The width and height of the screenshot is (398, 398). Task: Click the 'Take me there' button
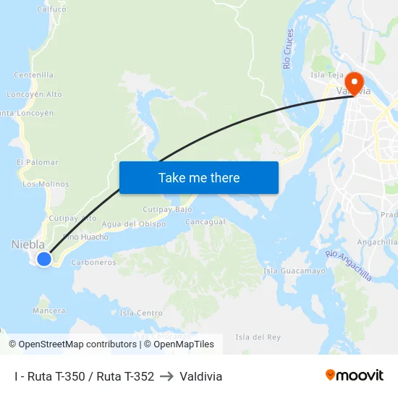(199, 177)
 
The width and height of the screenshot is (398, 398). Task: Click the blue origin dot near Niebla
(44, 258)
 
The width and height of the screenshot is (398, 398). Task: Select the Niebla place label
(28, 245)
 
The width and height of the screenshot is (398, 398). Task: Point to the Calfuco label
(51, 9)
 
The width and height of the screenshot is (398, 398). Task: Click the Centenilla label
(34, 75)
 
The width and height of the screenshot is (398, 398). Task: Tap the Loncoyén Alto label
(34, 94)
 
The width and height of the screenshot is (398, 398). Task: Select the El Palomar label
(37, 162)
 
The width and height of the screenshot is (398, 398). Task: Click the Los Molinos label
(46, 184)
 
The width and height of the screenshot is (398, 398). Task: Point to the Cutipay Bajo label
(167, 209)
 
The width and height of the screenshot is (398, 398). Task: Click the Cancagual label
(206, 221)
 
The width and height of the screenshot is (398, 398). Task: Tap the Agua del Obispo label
(134, 224)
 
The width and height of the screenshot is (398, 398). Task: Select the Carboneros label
(94, 262)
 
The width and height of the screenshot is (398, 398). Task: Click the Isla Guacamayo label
(295, 271)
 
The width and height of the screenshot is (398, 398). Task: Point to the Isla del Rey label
(258, 337)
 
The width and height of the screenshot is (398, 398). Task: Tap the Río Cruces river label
(289, 49)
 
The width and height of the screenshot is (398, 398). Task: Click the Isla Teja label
(326, 75)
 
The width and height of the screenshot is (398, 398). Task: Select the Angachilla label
(377, 242)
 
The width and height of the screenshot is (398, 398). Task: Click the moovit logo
(355, 375)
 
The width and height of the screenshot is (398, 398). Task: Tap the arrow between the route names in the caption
(167, 376)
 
